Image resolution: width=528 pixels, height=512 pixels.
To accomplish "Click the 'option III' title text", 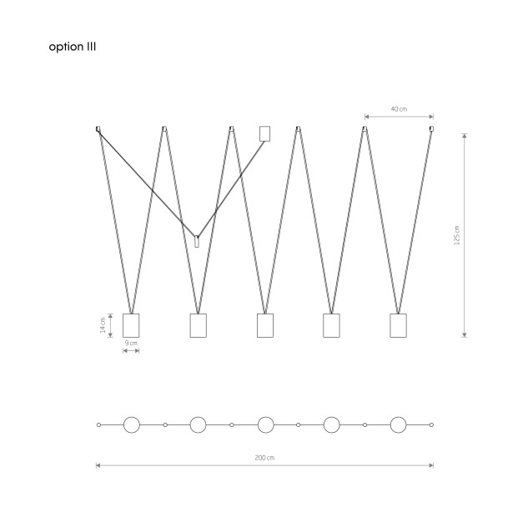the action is (x=72, y=47).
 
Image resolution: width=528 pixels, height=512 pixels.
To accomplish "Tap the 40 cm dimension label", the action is (x=399, y=109).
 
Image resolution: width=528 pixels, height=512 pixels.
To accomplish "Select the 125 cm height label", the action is (x=456, y=235).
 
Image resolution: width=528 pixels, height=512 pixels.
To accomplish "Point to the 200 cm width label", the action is (x=264, y=458).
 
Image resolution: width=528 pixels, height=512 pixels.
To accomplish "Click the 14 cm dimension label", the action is (x=103, y=325).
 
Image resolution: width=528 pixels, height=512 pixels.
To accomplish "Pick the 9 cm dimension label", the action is (x=131, y=343).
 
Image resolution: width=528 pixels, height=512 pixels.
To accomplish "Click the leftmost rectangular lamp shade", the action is (x=131, y=325).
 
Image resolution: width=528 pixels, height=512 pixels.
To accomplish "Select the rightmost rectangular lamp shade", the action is (x=398, y=325).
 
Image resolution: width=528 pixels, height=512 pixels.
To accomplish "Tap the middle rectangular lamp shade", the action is (x=265, y=325).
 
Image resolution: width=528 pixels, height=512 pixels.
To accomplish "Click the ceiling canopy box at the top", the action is (x=264, y=133).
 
